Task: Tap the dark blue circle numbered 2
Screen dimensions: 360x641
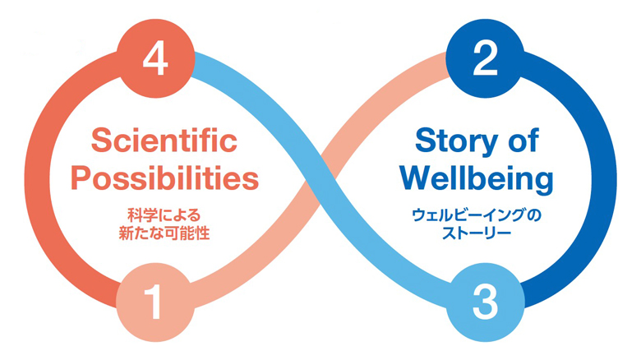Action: pyautogui.click(x=485, y=58)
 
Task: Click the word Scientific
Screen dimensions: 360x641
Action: pyautogui.click(x=163, y=141)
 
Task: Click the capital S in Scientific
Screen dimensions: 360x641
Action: pyautogui.click(x=99, y=141)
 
